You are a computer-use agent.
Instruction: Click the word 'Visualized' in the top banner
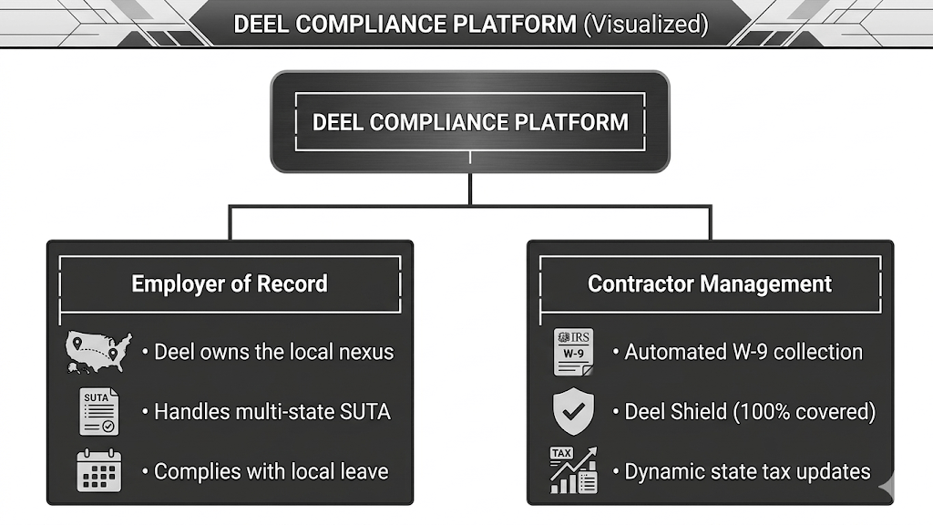tap(646, 25)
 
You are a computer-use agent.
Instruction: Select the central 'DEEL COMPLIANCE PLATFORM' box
tap(470, 122)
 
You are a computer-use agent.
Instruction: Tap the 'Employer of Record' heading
tap(230, 284)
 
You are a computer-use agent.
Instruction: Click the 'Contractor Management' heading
tap(710, 284)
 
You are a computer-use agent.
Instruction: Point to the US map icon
tap(98, 353)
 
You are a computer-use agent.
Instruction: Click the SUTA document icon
tap(98, 411)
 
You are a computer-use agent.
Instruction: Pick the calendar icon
tap(98, 470)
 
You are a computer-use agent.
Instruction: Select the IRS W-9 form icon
tap(574, 352)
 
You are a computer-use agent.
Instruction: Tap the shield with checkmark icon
tap(574, 411)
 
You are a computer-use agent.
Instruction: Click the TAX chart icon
tap(574, 470)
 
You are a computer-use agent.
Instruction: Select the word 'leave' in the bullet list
tap(364, 471)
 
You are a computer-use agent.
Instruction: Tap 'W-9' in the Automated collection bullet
tap(751, 353)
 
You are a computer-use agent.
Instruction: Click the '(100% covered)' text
tap(805, 412)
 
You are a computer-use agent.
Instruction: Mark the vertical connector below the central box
tap(470, 190)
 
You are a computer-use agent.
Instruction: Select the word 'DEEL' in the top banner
tap(261, 25)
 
